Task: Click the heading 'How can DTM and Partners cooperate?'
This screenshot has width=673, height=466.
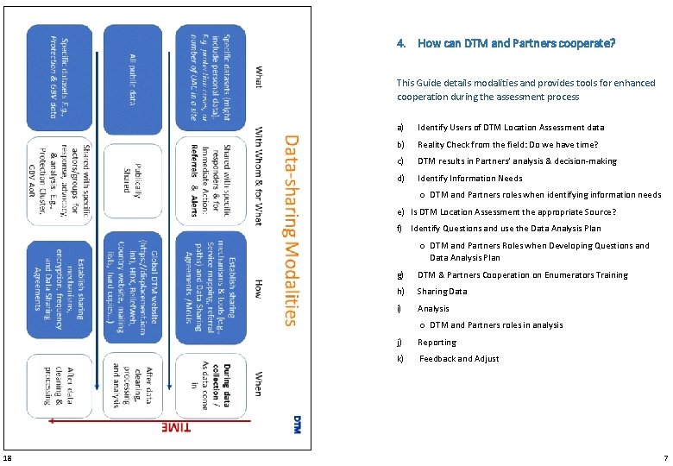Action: coord(516,43)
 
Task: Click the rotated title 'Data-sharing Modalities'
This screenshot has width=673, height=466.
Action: coord(291,229)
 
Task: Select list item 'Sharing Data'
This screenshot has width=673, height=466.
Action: coord(442,292)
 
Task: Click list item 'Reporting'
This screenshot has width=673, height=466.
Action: coord(437,342)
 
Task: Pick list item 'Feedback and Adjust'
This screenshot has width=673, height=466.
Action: coord(458,359)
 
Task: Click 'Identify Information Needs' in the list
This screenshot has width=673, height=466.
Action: coord(469,179)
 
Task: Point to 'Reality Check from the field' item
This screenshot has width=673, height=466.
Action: coord(507,145)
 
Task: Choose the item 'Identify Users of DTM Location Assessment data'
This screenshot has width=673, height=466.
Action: coord(511,128)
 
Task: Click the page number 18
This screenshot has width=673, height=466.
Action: coord(7,457)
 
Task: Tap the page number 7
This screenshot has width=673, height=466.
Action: coord(665,457)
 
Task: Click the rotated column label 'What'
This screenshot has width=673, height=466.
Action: coord(258,76)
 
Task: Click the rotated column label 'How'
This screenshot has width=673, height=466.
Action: coord(258,288)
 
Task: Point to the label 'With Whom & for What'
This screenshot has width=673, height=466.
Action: coord(258,177)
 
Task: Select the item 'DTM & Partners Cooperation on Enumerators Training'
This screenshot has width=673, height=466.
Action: coord(523,275)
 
